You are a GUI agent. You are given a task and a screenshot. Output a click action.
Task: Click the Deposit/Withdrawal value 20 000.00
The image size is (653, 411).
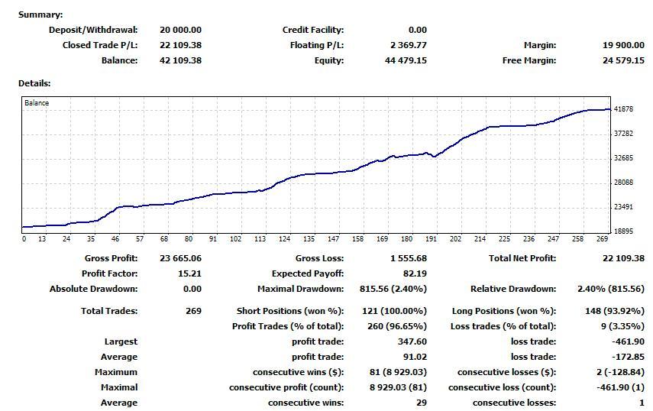click(180, 30)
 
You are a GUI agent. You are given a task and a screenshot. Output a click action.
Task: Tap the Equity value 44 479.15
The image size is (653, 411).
click(405, 60)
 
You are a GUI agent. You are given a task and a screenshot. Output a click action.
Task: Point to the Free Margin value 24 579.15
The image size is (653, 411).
click(623, 60)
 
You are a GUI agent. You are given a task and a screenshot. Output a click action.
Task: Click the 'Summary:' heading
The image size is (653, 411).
click(40, 15)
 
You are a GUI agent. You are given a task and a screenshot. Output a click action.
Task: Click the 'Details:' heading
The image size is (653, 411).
click(34, 83)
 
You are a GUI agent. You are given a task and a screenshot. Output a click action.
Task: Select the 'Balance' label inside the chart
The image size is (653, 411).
click(37, 103)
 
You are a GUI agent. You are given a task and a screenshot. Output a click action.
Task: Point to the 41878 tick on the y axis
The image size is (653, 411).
click(624, 109)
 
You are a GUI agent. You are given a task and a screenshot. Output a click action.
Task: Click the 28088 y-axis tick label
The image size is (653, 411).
click(624, 183)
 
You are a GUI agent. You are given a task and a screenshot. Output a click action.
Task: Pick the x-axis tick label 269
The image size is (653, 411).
click(602, 239)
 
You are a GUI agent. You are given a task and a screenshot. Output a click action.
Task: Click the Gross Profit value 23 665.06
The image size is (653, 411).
click(180, 258)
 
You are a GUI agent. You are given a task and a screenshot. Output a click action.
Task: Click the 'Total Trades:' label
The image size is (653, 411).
click(109, 311)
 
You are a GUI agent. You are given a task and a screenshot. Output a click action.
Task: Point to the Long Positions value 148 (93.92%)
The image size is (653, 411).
click(611, 311)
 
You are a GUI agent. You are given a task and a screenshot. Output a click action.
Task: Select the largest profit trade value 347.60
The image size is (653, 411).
click(412, 341)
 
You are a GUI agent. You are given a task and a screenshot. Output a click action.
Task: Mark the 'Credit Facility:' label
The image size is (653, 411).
click(312, 30)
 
